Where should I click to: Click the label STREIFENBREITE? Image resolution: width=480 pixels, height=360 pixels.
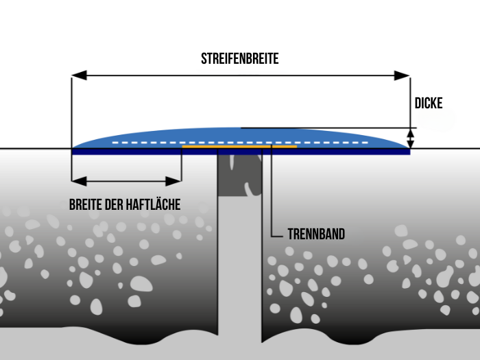click(240, 58)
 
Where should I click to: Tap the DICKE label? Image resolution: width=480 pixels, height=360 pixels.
click(429, 103)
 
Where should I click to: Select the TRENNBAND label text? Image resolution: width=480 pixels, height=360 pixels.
click(316, 235)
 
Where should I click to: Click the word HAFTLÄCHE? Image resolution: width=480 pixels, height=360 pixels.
click(153, 204)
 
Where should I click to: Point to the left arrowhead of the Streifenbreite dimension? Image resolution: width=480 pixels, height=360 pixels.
click(79, 75)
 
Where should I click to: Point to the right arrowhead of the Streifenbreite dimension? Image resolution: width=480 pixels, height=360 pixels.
click(402, 75)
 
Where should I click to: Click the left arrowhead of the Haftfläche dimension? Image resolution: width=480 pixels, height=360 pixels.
click(79, 181)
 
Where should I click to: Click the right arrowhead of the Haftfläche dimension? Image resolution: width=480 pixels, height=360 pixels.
click(173, 181)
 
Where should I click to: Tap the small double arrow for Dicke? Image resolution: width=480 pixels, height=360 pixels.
click(411, 139)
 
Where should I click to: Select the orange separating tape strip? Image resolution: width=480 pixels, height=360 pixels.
click(239, 147)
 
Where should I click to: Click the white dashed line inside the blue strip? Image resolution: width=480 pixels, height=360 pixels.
click(240, 143)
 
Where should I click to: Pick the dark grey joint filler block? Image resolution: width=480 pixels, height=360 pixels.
click(240, 175)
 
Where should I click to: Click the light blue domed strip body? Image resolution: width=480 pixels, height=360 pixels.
click(240, 136)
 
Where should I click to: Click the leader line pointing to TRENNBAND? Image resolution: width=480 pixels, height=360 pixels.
click(272, 191)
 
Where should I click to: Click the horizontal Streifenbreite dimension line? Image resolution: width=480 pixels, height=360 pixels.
click(241, 75)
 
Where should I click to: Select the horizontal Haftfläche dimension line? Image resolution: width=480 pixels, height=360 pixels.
click(126, 181)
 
